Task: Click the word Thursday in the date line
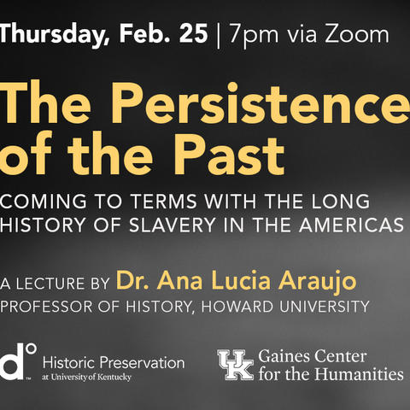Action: click(x=54, y=34)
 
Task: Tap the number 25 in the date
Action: click(x=194, y=34)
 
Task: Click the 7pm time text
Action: click(x=254, y=35)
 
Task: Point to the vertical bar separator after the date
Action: click(x=219, y=35)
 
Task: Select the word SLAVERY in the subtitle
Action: click(x=173, y=225)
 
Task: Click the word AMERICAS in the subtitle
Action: click(x=351, y=225)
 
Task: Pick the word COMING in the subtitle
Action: click(x=44, y=201)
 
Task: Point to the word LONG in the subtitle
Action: click(x=341, y=201)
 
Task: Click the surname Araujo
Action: click(x=318, y=281)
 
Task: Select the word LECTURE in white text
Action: click(x=50, y=284)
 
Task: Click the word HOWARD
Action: click(x=237, y=307)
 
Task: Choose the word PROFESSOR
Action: click(x=46, y=307)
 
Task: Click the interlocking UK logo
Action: click(x=236, y=365)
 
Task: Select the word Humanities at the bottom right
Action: click(x=359, y=374)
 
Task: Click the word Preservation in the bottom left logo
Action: click(x=143, y=363)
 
